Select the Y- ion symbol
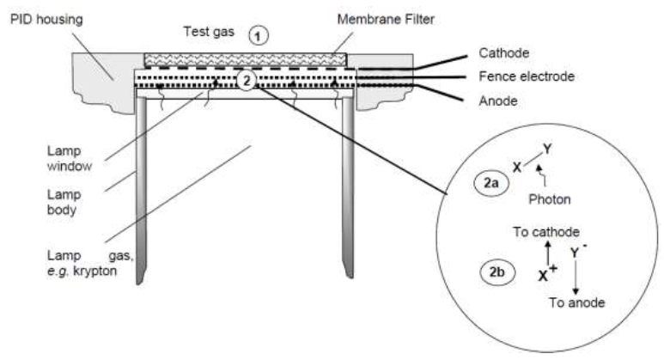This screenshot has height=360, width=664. click(x=579, y=253)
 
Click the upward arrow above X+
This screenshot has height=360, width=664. click(x=548, y=253)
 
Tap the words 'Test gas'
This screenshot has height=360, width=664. click(x=207, y=34)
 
